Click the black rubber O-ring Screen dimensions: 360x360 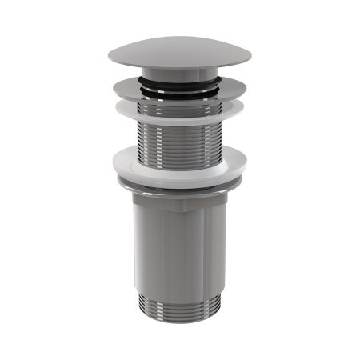(178, 81)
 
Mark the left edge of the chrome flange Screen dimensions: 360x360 (114, 87)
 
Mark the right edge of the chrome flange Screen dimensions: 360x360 (244, 87)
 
